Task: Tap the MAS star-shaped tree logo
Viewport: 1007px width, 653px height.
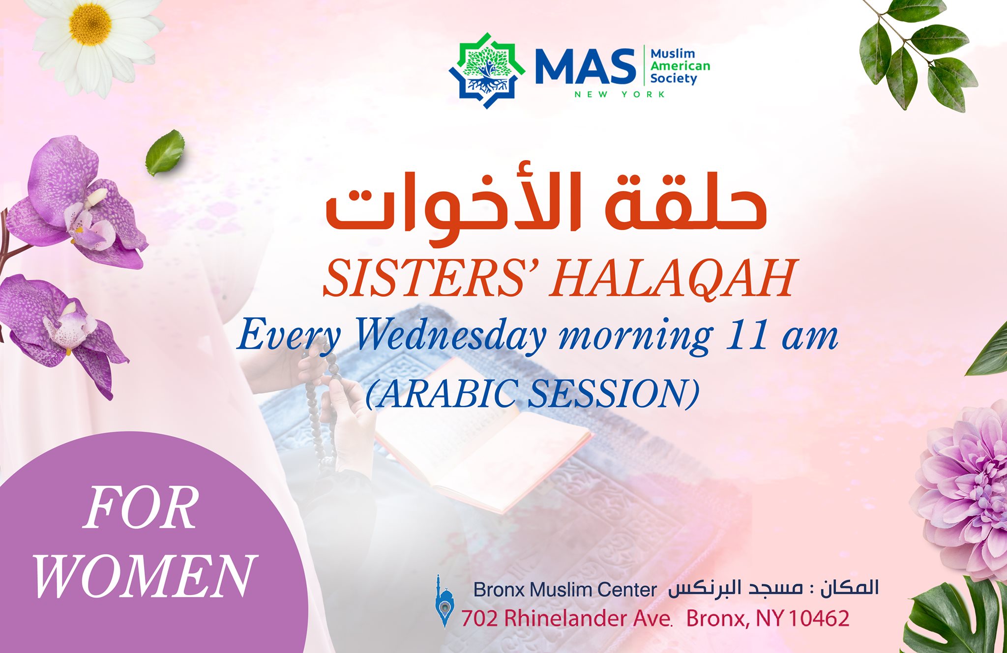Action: pos(487,70)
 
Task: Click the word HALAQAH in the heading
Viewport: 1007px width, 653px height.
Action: pos(672,279)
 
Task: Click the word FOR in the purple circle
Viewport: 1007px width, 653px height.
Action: pos(142,509)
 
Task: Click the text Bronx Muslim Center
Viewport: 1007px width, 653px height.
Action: pos(565,590)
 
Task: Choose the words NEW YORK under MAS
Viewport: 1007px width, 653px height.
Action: pos(620,94)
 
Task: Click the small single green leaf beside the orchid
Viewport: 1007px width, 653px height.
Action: pos(165,152)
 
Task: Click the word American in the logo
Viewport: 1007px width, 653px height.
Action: pos(680,66)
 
